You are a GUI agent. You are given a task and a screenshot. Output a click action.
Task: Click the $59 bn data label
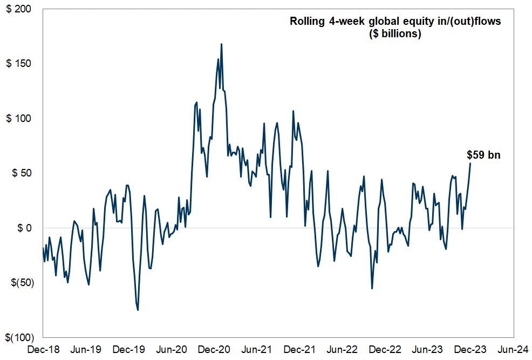click(483, 155)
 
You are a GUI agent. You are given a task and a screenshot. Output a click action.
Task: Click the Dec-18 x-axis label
click(42, 349)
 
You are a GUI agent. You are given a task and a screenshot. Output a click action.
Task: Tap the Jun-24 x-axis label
click(513, 349)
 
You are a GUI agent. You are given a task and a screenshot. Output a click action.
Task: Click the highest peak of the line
click(221, 44)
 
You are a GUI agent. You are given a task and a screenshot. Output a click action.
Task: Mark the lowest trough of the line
click(138, 310)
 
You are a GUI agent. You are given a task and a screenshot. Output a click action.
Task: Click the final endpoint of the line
click(470, 163)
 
